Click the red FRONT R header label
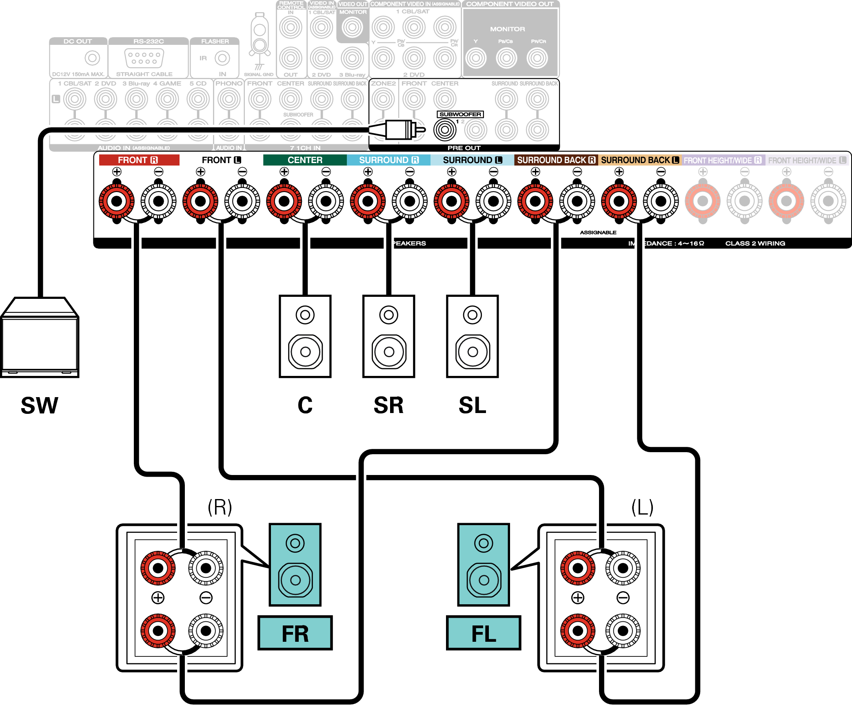pyautogui.click(x=139, y=160)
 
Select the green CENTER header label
pyautogui.click(x=305, y=160)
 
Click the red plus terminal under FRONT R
pyautogui.click(x=117, y=201)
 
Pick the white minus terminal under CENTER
pyautogui.click(x=326, y=201)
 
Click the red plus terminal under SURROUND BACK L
pyautogui.click(x=619, y=201)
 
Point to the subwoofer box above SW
pyautogui.click(x=40, y=338)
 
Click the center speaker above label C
pyautogui.click(x=305, y=336)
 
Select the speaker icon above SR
pyautogui.click(x=389, y=336)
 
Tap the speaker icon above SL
pyautogui.click(x=473, y=336)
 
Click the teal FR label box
pyautogui.click(x=295, y=633)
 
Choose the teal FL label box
pyautogui.click(x=484, y=633)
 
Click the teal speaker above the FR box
pyautogui.click(x=295, y=565)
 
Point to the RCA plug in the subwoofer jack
pyautogui.click(x=402, y=130)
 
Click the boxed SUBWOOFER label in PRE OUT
pyautogui.click(x=460, y=114)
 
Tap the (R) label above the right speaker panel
pyautogui.click(x=220, y=507)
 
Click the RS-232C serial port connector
pyautogui.click(x=144, y=58)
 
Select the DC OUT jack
pyautogui.click(x=92, y=58)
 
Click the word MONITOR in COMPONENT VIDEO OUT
pyautogui.click(x=507, y=29)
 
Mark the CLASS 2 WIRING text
pyautogui.click(x=755, y=243)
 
